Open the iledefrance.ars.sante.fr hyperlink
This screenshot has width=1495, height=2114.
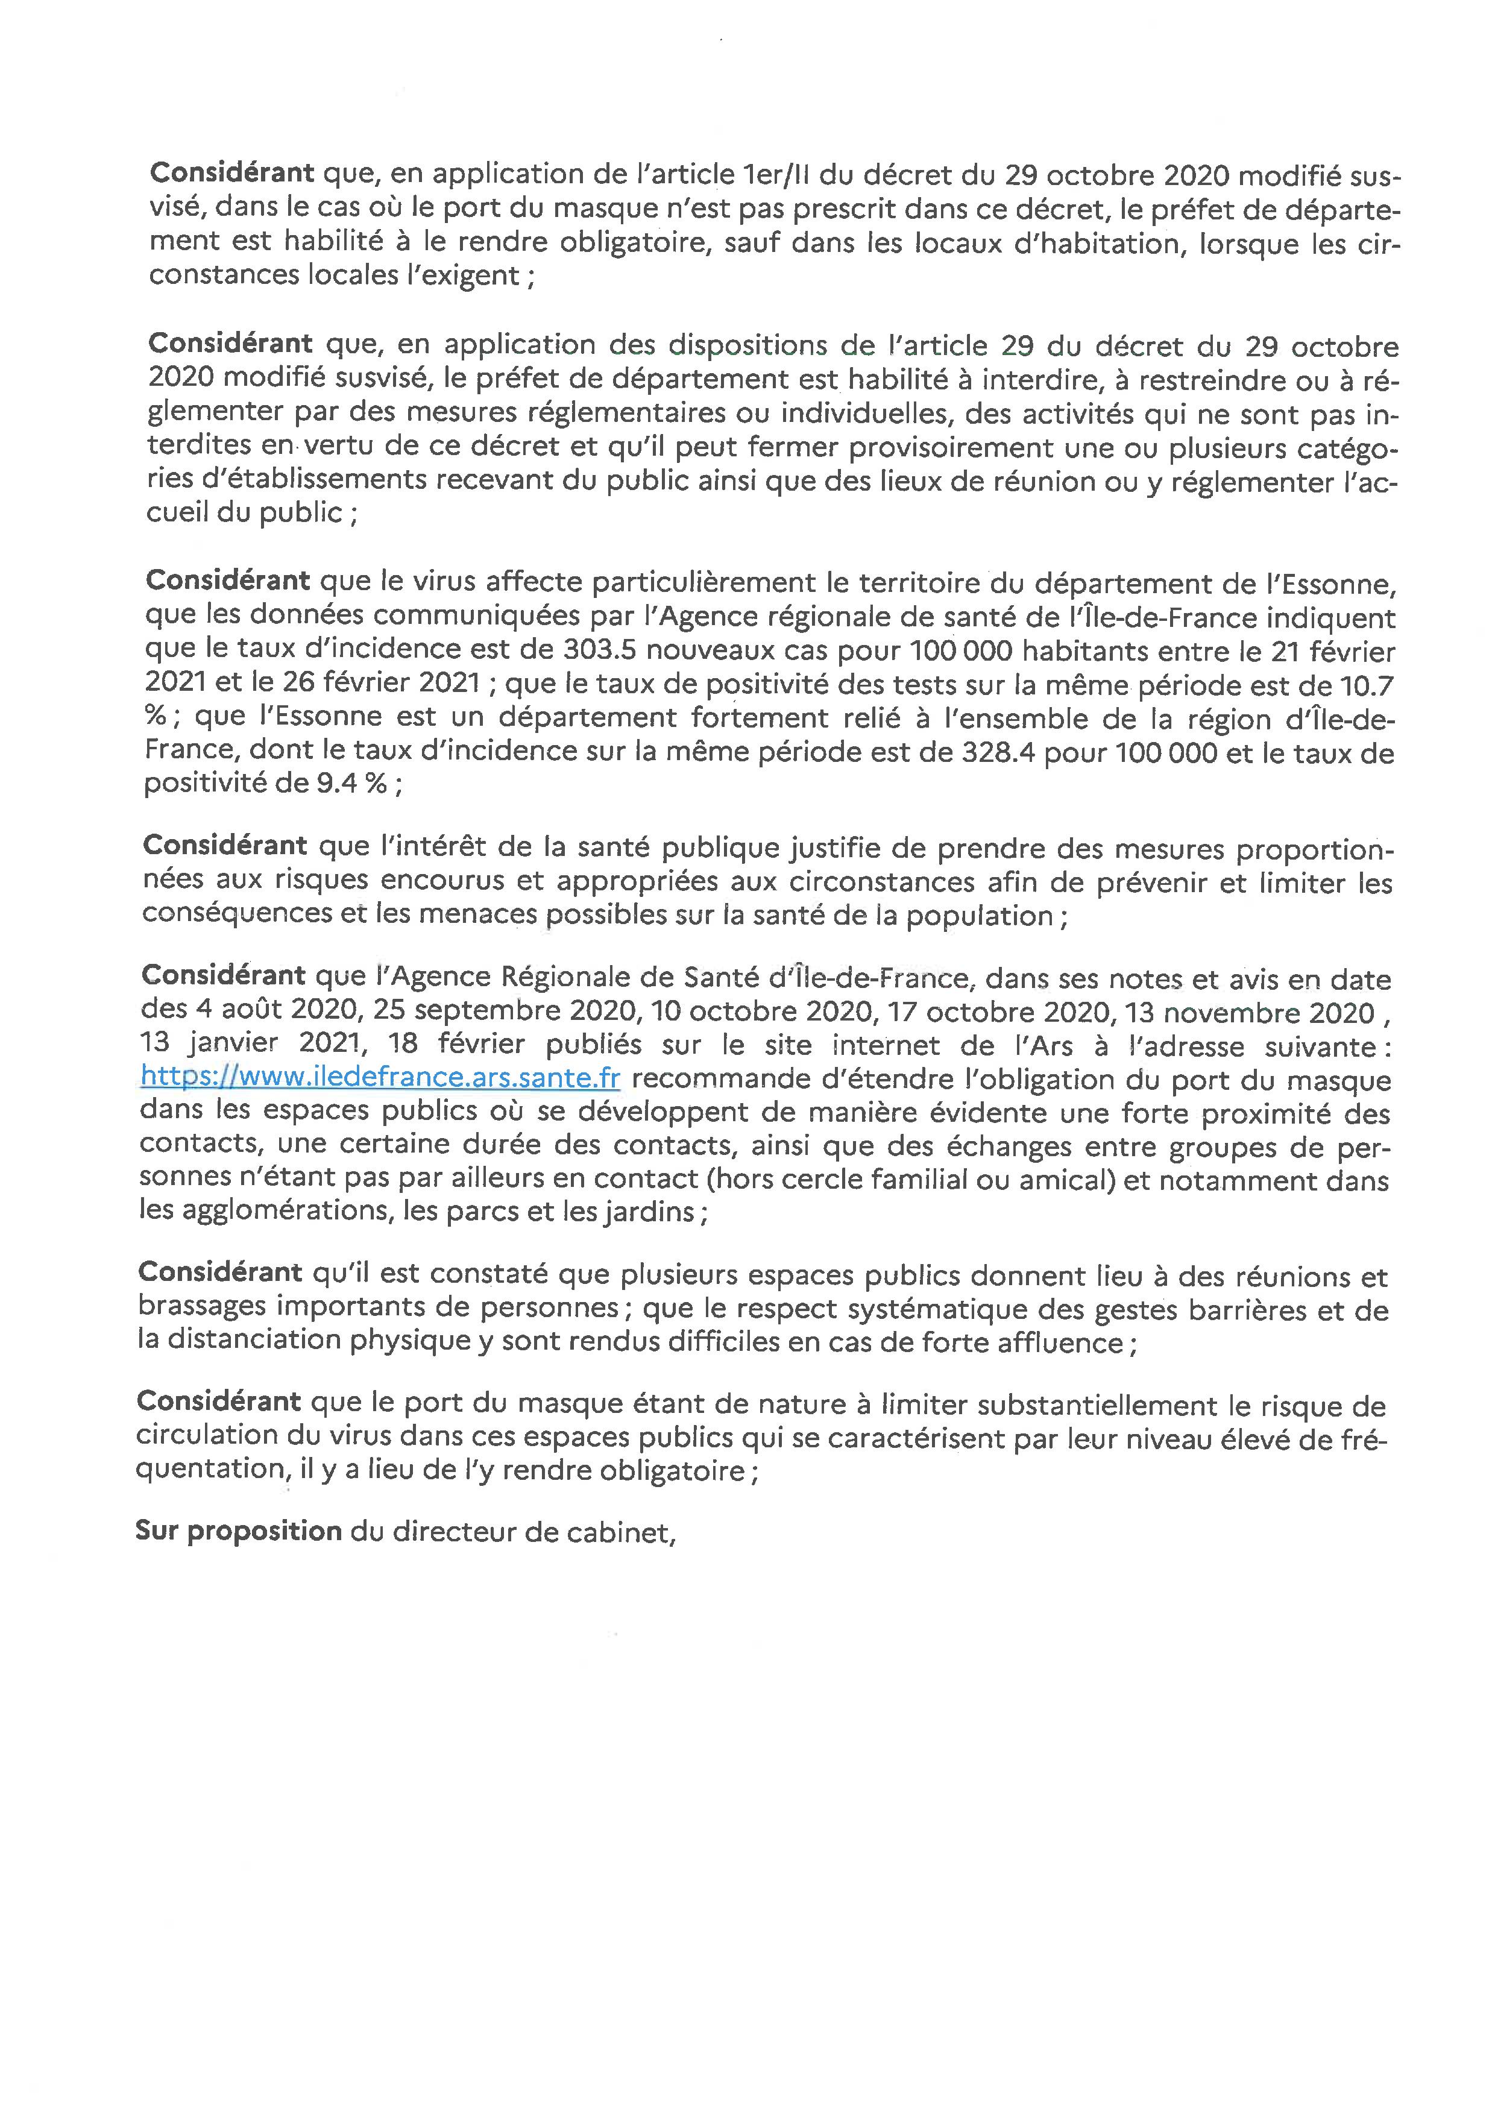click(380, 1077)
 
